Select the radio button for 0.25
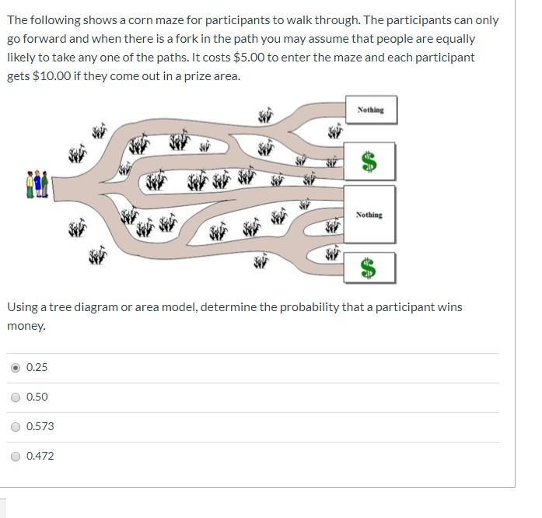[x=16, y=368]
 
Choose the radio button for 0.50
[x=16, y=397]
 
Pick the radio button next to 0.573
[x=16, y=427]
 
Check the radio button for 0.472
[x=16, y=457]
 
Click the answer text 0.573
[x=40, y=426]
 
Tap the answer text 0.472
[x=40, y=456]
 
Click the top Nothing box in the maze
[x=371, y=110]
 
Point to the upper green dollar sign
[x=369, y=162]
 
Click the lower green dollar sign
[x=368, y=268]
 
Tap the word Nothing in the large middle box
[x=369, y=215]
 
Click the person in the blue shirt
[x=37, y=184]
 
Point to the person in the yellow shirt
[x=30, y=184]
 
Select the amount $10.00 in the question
[x=51, y=76]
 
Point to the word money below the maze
[x=26, y=326]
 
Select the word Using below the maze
[x=23, y=307]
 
